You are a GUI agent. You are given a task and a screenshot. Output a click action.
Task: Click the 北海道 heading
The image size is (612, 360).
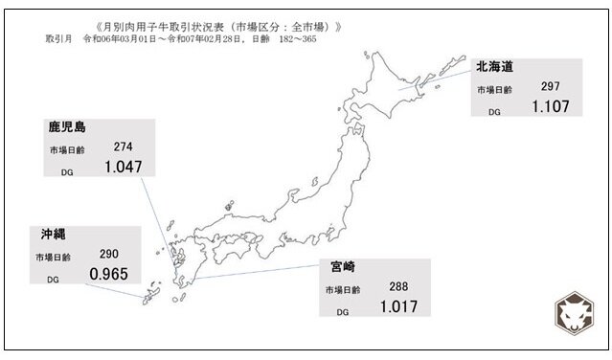[x=495, y=67]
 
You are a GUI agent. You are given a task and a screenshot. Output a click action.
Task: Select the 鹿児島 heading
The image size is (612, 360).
[x=69, y=128]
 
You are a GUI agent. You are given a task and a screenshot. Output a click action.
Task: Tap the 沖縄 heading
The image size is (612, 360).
[x=54, y=234]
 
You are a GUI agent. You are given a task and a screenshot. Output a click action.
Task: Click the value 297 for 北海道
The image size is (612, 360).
[x=549, y=87]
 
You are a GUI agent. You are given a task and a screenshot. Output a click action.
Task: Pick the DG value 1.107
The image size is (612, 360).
[x=550, y=107]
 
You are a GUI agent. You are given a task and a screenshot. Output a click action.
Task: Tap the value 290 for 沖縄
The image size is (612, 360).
[x=109, y=255]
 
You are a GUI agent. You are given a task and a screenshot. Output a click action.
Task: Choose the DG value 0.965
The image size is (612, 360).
[x=109, y=275]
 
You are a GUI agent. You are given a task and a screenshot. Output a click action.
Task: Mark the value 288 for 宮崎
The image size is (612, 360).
[x=398, y=287]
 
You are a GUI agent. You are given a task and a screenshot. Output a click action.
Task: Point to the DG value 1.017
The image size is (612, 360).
[x=398, y=307]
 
